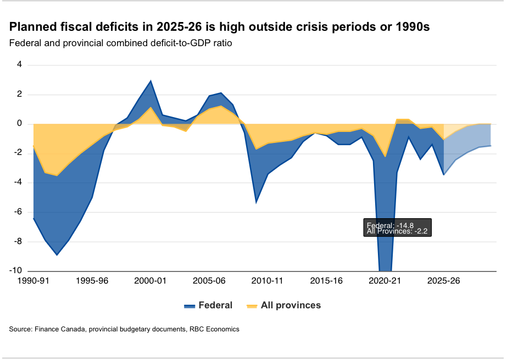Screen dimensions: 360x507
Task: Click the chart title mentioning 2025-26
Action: click(219, 27)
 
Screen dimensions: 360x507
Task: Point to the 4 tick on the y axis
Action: click(20, 65)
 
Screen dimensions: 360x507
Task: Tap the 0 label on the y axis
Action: click(20, 124)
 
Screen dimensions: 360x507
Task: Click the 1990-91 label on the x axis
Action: click(34, 281)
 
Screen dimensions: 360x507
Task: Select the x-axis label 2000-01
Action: click(151, 281)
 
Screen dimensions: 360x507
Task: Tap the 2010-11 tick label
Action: click(268, 281)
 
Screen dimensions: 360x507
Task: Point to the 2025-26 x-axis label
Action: click(443, 281)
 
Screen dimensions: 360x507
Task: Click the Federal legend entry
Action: click(209, 305)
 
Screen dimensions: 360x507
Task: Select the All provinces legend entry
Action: click(283, 305)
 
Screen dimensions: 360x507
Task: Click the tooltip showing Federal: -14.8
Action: click(398, 228)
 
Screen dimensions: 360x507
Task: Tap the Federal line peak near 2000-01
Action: click(151, 81)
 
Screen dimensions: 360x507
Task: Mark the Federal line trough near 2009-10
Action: click(256, 202)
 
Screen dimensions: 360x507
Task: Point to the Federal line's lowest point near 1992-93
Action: click(57, 254)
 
